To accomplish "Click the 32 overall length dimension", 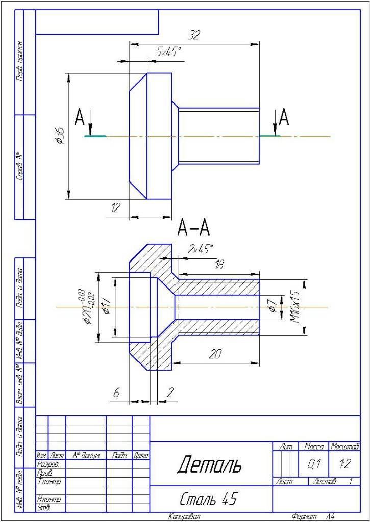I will pyautogui.click(x=194, y=36).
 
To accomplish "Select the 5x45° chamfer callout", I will pyautogui.click(x=168, y=52).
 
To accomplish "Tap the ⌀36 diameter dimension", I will pyautogui.click(x=60, y=136).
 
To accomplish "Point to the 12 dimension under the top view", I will pyautogui.click(x=115, y=208).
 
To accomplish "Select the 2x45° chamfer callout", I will pyautogui.click(x=200, y=249).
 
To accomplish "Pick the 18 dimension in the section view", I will pyautogui.click(x=219, y=265).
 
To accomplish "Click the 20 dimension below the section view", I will pyautogui.click(x=215, y=355).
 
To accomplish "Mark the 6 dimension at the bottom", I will pyautogui.click(x=116, y=393).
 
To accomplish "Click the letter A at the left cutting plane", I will pyautogui.click(x=80, y=118).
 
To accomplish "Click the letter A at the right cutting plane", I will pyautogui.click(x=284, y=118).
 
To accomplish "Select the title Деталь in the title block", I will pyautogui.click(x=209, y=464).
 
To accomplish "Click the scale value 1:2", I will pyautogui.click(x=344, y=464).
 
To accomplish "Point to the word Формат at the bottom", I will pyautogui.click(x=303, y=517).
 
